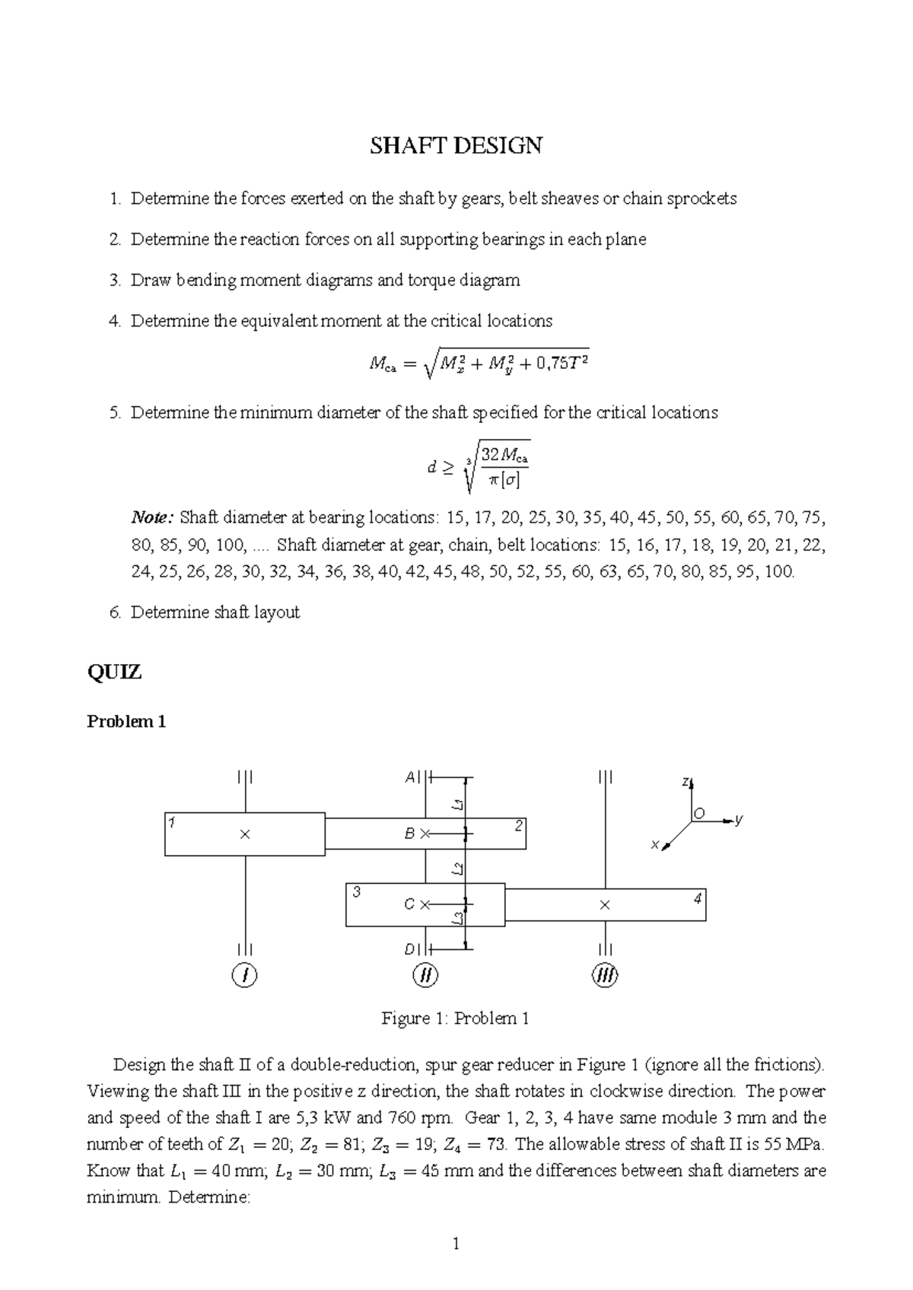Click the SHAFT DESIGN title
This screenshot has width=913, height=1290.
456,145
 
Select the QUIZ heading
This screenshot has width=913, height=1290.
114,672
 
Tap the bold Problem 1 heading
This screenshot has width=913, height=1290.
126,722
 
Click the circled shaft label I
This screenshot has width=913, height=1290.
244,975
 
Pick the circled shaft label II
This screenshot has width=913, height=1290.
425,975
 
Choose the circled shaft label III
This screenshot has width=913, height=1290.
605,975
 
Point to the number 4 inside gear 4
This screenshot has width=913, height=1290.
697,899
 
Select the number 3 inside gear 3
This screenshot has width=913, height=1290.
355,892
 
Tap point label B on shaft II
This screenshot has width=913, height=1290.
409,834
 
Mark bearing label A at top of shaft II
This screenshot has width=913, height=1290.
409,777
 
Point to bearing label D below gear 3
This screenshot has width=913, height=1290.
409,949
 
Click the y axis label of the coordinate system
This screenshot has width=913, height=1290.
739,819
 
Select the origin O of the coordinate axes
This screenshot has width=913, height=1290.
700,814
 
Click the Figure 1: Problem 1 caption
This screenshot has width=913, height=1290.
455,1018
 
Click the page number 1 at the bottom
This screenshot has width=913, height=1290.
456,1244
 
